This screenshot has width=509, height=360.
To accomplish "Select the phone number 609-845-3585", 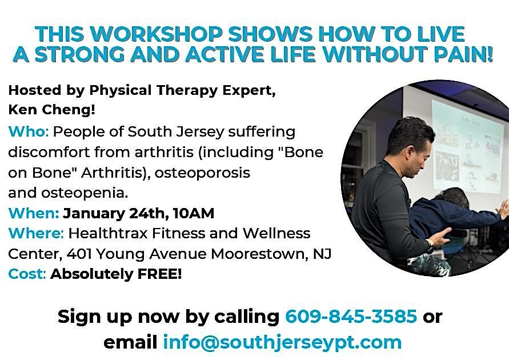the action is coord(351,316).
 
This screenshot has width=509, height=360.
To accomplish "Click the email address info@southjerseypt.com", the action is coord(282,342).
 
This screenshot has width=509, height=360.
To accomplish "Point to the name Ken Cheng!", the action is coord(52,110).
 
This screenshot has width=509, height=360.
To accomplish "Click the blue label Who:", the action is coord(29,132).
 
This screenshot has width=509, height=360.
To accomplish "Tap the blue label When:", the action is coord(34,213).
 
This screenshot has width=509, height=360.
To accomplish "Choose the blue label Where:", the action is coord(36,233).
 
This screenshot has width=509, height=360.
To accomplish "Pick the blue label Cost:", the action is coord(27,274).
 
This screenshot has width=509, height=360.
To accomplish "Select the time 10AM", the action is coord(194,213).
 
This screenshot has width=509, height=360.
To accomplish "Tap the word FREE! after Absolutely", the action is coord(159,274).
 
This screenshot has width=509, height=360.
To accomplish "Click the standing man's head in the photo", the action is coord(412,145).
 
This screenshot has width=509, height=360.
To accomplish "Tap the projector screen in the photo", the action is coord(467,146).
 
